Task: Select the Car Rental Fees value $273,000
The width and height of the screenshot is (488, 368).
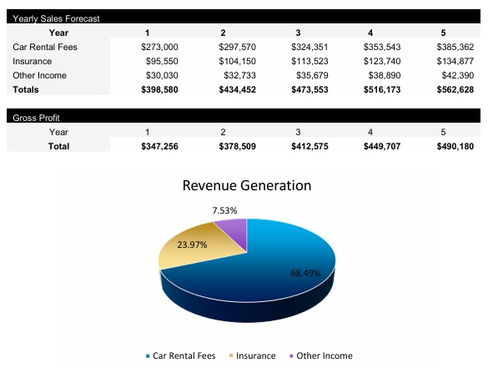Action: point(160,47)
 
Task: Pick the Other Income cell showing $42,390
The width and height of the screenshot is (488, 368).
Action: point(455,75)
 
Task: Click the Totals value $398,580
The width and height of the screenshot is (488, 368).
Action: point(160,89)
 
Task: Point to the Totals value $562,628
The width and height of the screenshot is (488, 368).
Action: point(455,89)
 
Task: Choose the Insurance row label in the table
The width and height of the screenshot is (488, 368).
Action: point(32,61)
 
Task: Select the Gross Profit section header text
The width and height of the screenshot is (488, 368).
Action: point(36,118)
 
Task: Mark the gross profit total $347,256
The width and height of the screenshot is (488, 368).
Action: point(160,146)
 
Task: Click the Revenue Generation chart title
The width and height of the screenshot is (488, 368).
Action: point(246,185)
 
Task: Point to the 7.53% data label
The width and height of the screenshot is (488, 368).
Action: point(224,209)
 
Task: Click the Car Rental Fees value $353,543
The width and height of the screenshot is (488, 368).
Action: point(381,47)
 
